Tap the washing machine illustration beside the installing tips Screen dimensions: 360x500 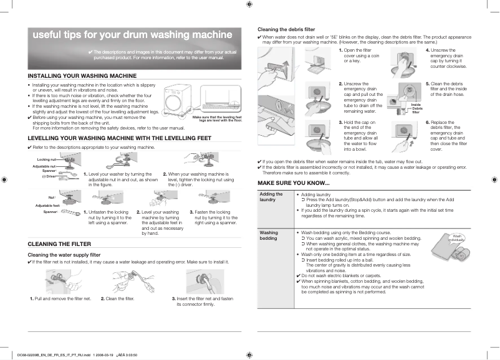point(181,100)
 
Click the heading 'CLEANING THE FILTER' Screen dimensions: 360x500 point(60,244)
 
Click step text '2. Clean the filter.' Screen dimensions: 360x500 point(118,299)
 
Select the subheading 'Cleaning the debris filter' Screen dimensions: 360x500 point(286,29)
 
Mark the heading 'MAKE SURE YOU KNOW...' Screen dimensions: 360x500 point(294,182)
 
